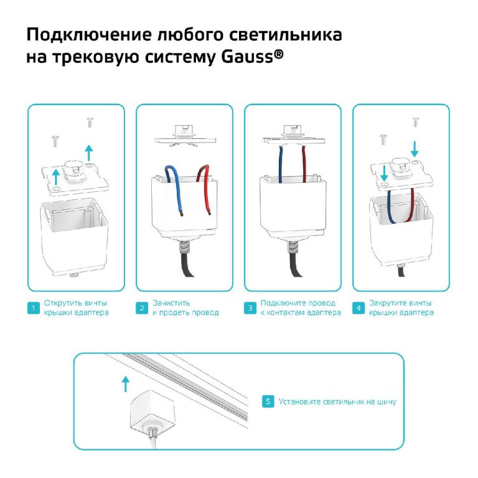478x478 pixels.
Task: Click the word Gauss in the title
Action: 247,57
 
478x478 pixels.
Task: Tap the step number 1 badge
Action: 34,308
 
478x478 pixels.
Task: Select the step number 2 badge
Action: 142,308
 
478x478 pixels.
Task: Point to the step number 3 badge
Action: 250,308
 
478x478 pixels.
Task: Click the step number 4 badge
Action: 358,308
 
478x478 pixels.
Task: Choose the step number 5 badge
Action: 268,401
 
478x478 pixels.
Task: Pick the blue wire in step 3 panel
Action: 281,164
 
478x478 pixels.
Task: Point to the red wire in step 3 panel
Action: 304,164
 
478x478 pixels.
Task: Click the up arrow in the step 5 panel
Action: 125,384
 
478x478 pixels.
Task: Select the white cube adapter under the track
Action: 147,411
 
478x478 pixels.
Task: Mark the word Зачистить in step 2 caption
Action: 171,303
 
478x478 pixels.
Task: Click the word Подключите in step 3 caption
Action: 282,303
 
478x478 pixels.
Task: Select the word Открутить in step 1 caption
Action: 63,303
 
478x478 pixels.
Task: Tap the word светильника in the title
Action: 285,34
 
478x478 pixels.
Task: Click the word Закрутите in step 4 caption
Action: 388,303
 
